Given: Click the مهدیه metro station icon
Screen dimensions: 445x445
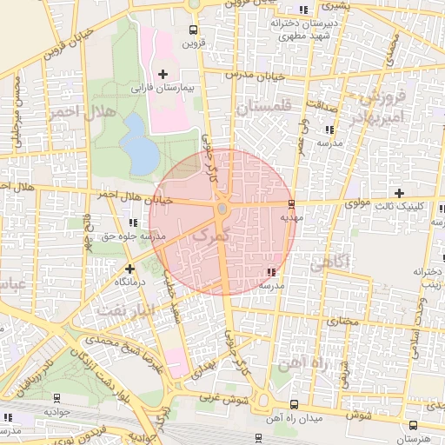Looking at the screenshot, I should (x=290, y=205).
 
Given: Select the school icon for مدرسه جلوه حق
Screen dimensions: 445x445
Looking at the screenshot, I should (x=131, y=222).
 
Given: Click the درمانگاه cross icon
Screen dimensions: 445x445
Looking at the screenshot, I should (x=130, y=269).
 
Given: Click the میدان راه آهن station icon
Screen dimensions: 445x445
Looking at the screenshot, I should (x=293, y=405).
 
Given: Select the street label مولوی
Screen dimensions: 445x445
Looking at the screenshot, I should (x=357, y=204).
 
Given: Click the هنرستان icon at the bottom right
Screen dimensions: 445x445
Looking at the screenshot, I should (x=413, y=425).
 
